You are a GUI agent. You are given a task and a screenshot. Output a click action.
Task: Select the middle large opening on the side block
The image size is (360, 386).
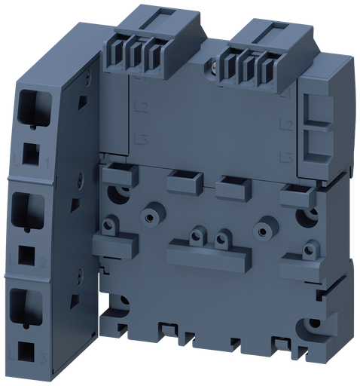point(27,209)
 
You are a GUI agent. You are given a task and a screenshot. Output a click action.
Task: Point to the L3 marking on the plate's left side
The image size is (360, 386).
point(138,139)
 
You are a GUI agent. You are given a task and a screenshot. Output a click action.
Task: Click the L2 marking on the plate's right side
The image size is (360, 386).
point(285,123)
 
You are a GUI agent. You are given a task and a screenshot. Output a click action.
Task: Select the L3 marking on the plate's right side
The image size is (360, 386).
point(285,156)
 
